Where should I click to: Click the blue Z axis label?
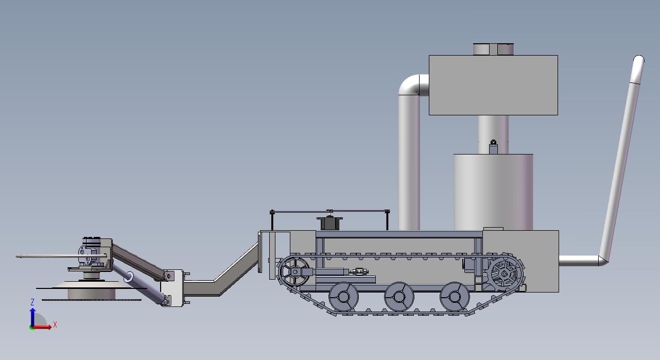point(32,302)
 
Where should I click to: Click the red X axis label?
point(55,325)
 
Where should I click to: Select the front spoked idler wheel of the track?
point(294,271)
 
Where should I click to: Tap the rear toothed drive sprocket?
point(505,273)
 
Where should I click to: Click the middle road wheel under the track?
point(399,297)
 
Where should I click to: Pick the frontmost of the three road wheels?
point(343,297)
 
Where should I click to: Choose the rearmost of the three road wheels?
point(455,297)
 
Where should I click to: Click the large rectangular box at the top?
point(493,85)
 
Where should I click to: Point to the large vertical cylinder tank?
point(493,192)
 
